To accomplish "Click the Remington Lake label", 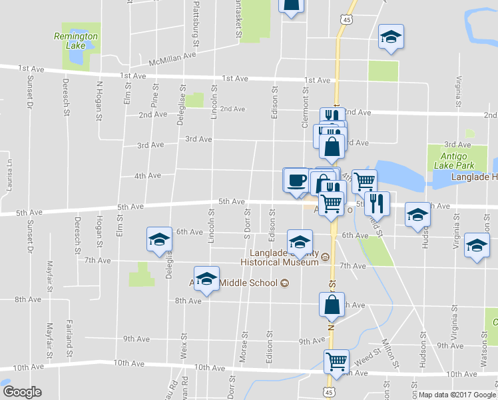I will pyautogui.click(x=76, y=41).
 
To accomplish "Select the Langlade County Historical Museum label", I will pyautogui.click(x=285, y=257).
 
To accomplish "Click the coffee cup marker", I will pyautogui.click(x=296, y=180).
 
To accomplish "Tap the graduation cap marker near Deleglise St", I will pyautogui.click(x=159, y=240).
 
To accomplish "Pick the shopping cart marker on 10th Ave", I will pyautogui.click(x=336, y=361).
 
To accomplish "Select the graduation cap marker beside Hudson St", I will pyautogui.click(x=417, y=214).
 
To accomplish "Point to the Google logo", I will pyautogui.click(x=22, y=392).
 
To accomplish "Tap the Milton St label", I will pyautogui.click(x=389, y=353).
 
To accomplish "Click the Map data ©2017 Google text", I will pyautogui.click(x=457, y=395).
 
